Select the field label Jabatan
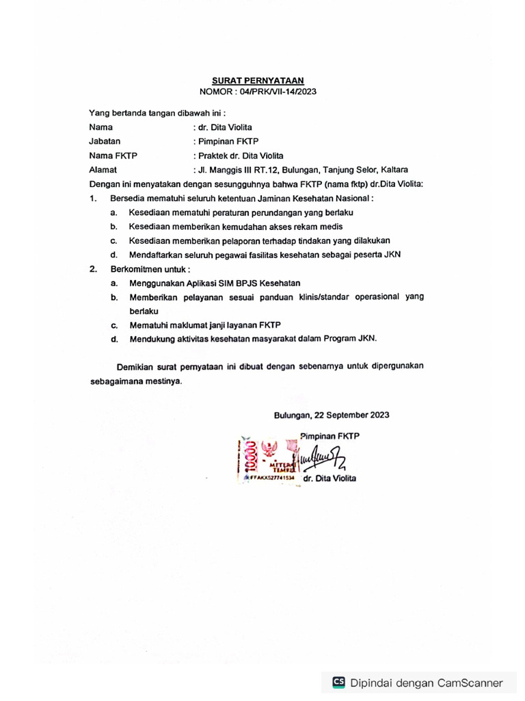[x=105, y=141]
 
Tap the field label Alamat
[x=103, y=170]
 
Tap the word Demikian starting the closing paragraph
[x=136, y=366]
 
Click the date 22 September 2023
[x=351, y=415]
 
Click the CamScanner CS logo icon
[x=338, y=682]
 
